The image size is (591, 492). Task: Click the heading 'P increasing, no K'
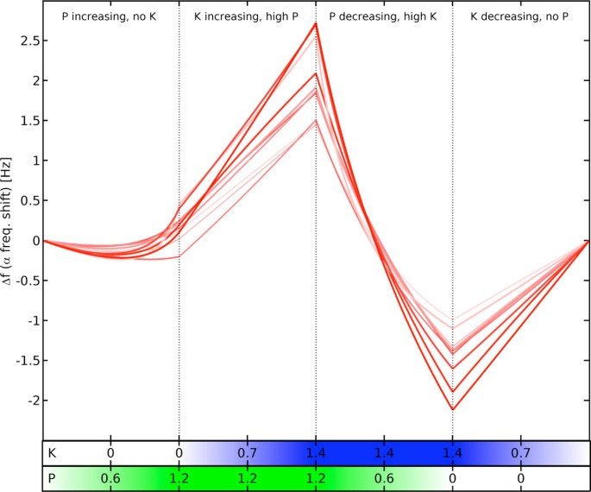[110, 17]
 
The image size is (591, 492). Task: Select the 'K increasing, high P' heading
[248, 17]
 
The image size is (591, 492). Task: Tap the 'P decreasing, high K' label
[384, 17]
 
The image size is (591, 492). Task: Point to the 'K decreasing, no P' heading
[521, 17]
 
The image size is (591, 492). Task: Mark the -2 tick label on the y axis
[30, 401]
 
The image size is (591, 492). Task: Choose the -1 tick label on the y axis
[30, 320]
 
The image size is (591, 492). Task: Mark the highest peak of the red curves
[316, 23]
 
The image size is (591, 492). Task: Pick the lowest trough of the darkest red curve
[452, 409]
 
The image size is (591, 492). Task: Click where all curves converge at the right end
[589, 241]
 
